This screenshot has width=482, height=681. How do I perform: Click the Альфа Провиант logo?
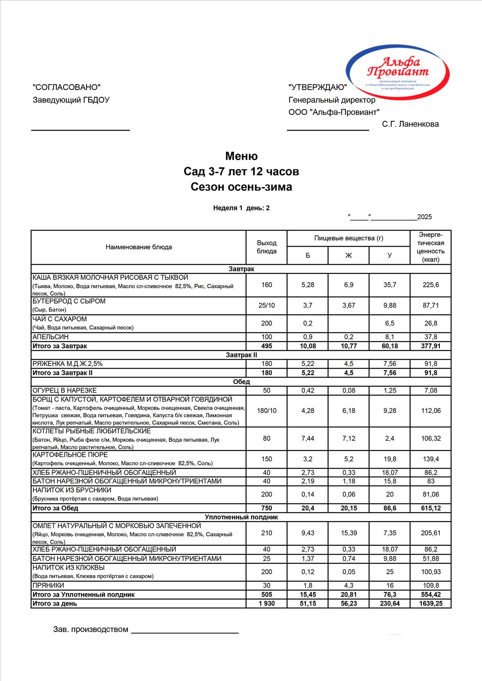pyautogui.click(x=398, y=72)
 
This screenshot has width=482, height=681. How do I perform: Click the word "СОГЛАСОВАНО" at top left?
pyautogui.click(x=66, y=87)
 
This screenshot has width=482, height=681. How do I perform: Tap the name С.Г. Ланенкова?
pyautogui.click(x=410, y=124)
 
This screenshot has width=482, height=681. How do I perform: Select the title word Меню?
pyautogui.click(x=241, y=156)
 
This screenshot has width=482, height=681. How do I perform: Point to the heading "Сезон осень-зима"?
pyautogui.click(x=241, y=187)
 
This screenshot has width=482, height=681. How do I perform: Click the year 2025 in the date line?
pyautogui.click(x=425, y=217)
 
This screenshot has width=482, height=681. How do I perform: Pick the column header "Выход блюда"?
pyautogui.click(x=267, y=247)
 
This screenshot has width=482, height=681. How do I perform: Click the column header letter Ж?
pyautogui.click(x=349, y=255)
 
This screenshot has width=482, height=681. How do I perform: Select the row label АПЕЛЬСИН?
pyautogui.click(x=51, y=337)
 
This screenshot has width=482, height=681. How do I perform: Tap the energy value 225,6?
pyautogui.click(x=431, y=285)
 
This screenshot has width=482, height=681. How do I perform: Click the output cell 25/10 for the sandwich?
pyautogui.click(x=267, y=305)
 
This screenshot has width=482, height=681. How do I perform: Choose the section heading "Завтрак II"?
pyautogui.click(x=241, y=355)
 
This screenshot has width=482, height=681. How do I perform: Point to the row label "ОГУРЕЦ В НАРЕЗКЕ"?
pyautogui.click(x=64, y=390)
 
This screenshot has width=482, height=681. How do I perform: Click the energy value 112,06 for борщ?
pyautogui.click(x=431, y=410)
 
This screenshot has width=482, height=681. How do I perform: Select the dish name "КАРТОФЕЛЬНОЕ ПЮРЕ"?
pyautogui.click(x=70, y=455)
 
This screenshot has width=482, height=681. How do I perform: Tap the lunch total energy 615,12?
pyautogui.click(x=431, y=508)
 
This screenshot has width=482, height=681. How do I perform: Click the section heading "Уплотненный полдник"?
pyautogui.click(x=241, y=517)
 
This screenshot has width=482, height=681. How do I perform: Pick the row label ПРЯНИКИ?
pyautogui.click(x=48, y=585)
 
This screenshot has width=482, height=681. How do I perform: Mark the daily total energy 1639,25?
pyautogui.click(x=431, y=603)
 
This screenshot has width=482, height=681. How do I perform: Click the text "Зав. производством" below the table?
pyautogui.click(x=90, y=629)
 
